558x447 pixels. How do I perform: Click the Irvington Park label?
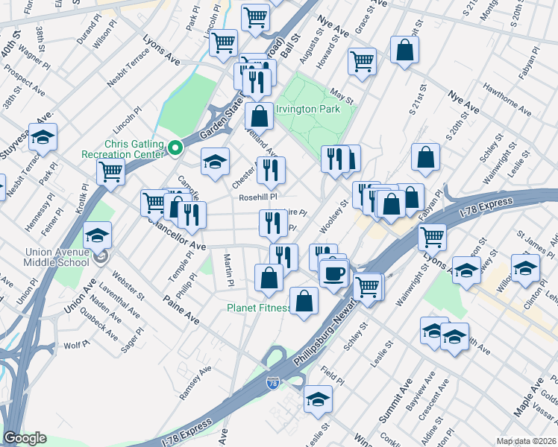(308, 110)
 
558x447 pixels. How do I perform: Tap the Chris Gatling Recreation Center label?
(123, 148)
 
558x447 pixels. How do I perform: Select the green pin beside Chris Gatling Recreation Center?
(175, 148)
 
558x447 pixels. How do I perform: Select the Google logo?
(25, 438)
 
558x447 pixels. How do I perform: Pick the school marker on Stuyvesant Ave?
(43, 137)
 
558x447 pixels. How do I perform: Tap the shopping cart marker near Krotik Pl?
(110, 171)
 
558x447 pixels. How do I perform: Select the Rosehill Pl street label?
(257, 197)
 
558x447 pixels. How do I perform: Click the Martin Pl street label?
(228, 269)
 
